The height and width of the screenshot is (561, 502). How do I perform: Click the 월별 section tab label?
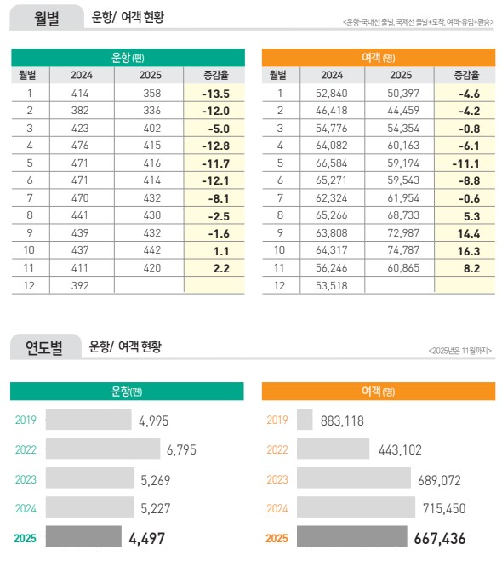47,18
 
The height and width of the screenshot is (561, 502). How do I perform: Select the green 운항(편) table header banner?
127,57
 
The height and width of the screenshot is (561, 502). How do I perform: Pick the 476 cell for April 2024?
82,146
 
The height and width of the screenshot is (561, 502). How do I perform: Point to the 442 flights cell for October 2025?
151,251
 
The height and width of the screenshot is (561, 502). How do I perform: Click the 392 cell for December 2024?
82,286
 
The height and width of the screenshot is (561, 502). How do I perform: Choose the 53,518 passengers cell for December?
332,286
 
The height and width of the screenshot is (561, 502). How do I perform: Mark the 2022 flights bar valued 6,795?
103,449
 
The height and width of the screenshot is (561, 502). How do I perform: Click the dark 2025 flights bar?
83,538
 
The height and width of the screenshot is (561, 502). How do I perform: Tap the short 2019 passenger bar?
305,420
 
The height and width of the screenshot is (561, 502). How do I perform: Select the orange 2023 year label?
277,479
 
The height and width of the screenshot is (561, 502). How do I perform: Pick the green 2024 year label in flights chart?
26,508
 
